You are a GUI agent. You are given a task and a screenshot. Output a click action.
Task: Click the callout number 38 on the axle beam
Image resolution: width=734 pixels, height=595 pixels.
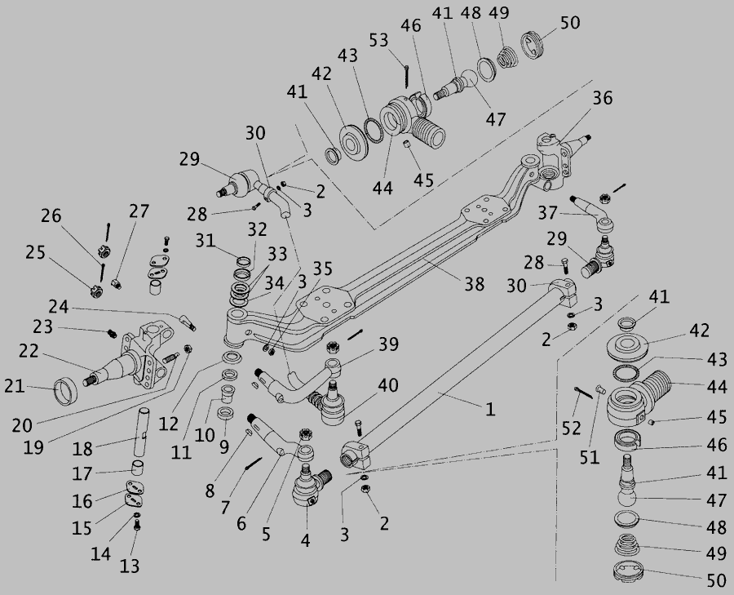474,283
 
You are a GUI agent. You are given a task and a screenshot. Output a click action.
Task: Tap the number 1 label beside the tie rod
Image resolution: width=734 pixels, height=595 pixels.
489,410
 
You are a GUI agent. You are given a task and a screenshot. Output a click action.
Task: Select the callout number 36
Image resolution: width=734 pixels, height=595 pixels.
603,98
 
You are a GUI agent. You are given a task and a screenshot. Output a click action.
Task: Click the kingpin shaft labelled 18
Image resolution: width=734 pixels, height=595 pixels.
142,432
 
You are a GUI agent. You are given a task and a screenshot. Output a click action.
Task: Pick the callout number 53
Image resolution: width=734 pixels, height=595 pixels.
378,40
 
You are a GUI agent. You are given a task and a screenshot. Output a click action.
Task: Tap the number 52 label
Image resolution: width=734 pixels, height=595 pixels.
571,428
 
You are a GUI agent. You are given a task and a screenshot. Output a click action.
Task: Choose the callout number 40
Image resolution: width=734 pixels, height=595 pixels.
388,385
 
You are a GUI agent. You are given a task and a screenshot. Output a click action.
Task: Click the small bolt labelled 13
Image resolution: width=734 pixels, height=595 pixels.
137,526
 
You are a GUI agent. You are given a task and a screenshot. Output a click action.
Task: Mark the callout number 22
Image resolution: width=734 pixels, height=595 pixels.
28,350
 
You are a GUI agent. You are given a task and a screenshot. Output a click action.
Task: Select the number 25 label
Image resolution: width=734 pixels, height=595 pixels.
35,252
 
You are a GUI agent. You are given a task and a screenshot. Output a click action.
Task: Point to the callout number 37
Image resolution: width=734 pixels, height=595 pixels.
547,213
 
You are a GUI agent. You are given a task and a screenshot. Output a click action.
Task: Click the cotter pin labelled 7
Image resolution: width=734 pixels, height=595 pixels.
254,464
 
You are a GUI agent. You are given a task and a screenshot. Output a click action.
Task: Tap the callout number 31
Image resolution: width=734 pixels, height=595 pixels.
205,241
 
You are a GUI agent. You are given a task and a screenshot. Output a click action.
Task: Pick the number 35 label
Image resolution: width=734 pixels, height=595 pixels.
322,269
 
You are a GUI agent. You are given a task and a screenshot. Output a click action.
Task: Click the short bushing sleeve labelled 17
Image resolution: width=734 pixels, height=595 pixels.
137,467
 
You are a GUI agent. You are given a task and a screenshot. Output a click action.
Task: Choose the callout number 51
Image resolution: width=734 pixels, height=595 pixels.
590,457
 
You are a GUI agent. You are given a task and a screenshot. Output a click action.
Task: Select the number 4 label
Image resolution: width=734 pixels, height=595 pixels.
305,540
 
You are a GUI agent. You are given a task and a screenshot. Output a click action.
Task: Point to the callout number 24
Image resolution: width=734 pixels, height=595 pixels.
59,307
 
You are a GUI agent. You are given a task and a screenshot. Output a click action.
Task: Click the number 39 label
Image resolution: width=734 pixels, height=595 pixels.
388,344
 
